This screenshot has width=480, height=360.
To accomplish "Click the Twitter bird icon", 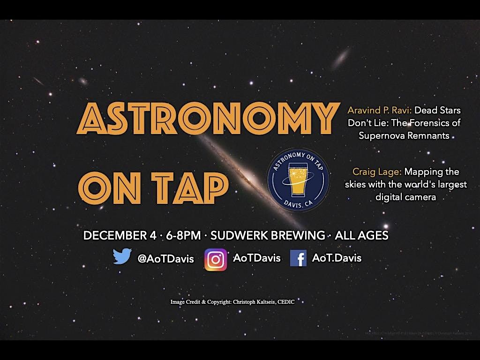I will coord(123,256).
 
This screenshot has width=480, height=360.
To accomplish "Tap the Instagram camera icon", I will coord(216,260).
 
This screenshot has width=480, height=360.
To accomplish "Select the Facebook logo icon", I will coord(298,258).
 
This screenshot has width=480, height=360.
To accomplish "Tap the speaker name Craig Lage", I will coord(377,172).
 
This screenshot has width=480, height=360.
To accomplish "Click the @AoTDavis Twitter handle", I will coord(165,259).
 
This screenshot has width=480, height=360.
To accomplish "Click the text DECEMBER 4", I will coord(120,235).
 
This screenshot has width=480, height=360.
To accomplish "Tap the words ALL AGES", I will coord(361,235).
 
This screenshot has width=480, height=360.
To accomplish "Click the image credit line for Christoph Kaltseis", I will coord(232,302).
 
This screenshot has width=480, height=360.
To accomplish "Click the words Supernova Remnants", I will coord(404,135).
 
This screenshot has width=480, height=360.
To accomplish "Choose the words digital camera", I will coord(406,197).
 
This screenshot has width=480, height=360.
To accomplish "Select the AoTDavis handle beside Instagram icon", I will coord(257,258).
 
